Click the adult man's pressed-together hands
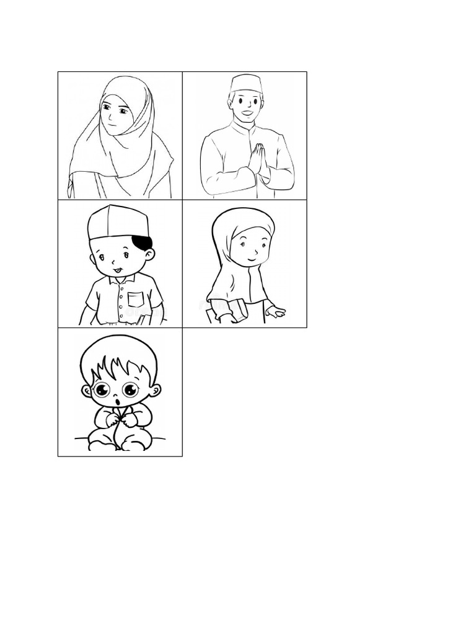point(257,160)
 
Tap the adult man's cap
point(245,84)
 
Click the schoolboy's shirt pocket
point(136,300)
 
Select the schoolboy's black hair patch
point(143,242)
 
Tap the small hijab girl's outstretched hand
point(275,312)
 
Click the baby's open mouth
point(118,404)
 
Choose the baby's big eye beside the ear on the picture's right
point(130,389)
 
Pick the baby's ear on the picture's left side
point(86,391)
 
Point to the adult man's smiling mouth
point(247,114)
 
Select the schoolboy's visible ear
point(149,254)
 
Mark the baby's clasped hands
point(121,420)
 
